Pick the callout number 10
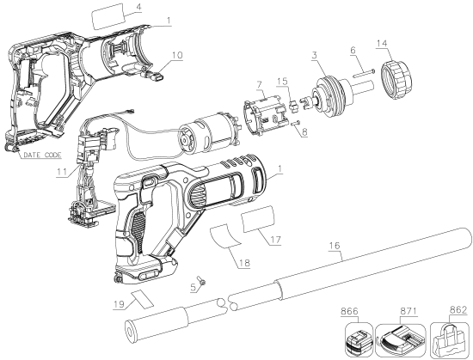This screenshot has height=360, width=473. point(178,54)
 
